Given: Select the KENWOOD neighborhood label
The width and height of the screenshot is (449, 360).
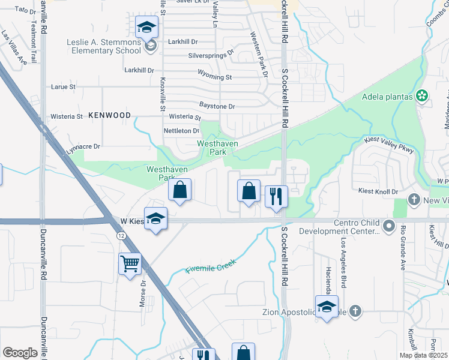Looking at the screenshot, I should [x=109, y=115].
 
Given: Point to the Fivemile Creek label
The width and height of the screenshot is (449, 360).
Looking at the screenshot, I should [x=211, y=265].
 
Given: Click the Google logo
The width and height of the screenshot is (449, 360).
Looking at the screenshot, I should [x=20, y=352].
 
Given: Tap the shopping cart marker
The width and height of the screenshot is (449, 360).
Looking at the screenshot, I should [x=130, y=263].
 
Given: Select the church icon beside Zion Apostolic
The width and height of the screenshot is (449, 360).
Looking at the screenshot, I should [x=355, y=311].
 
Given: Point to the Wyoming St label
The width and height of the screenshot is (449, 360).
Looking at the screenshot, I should [x=215, y=77].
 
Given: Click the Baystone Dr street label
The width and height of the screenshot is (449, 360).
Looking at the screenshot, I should [x=217, y=106].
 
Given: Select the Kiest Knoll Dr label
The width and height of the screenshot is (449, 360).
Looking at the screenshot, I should [x=378, y=191].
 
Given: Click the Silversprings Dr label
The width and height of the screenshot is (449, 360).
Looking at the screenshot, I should [x=211, y=55].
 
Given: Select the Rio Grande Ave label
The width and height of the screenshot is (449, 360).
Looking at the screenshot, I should [x=403, y=248].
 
